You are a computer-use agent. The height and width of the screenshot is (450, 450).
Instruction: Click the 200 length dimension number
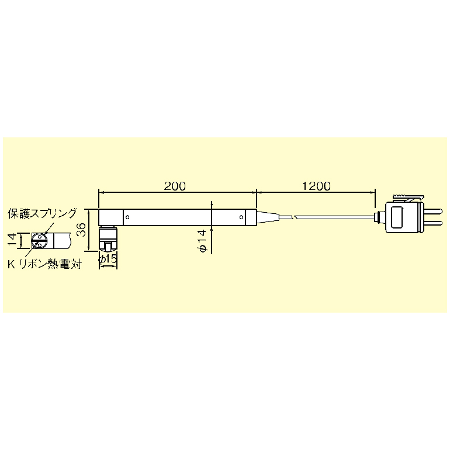(175, 186)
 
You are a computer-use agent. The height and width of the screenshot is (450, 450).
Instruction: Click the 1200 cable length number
(316, 186)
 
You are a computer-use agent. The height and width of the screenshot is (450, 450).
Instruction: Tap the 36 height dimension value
(82, 230)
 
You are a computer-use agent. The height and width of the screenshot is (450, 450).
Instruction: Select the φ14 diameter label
(202, 241)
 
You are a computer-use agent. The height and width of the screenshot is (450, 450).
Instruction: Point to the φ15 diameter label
(108, 259)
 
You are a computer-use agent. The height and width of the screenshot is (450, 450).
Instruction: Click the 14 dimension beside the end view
(12, 240)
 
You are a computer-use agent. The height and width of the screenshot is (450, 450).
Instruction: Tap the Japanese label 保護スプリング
(43, 213)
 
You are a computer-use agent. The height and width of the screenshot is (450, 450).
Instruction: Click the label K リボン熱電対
(45, 264)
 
